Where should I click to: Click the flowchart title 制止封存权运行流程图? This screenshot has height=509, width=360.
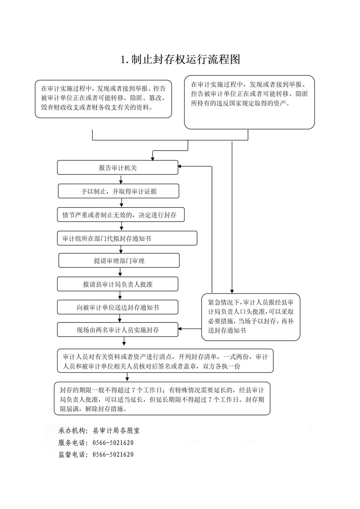coord(180,59)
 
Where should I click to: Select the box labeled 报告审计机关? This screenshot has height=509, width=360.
coord(118,167)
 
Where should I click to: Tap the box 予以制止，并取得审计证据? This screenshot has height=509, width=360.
coord(118,191)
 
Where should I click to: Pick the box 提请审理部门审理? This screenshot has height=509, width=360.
coord(119,261)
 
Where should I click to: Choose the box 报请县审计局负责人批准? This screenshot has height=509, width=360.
coord(118,284)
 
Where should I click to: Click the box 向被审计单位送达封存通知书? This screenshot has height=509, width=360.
coord(118,307)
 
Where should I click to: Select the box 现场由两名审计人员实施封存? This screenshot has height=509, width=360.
coord(118,330)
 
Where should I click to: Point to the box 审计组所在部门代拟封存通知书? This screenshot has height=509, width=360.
coord(127,238)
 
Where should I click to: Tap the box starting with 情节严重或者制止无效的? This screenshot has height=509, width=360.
coord(120,215)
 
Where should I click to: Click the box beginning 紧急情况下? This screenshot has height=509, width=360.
coord(251,317)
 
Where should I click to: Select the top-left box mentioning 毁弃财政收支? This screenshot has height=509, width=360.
coord(103,98)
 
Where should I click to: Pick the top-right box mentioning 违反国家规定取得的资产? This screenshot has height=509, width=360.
coord(249,102)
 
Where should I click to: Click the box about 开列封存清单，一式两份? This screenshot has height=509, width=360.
coord(165,361)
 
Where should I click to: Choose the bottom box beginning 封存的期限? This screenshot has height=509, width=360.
coord(162,399)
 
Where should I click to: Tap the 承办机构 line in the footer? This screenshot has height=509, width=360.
coord(99,430)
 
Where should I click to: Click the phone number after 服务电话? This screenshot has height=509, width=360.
coord(113,443)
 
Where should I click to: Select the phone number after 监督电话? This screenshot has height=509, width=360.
coord(113,454)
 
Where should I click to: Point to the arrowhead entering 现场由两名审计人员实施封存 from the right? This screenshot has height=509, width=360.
coord(181,329)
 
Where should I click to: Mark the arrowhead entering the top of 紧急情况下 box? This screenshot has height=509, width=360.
coord(232,291)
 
